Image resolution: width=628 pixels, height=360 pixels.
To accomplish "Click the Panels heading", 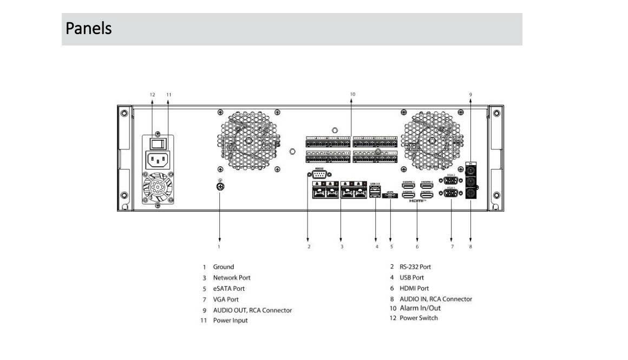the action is coord(89,28).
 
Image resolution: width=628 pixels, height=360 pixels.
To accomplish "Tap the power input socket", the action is coord(158,160).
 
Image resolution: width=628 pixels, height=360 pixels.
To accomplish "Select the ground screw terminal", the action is coord(220,187).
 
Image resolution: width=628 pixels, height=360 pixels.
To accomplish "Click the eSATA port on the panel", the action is coord(390,197).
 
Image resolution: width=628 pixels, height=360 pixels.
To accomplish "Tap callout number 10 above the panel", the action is coord(352,94).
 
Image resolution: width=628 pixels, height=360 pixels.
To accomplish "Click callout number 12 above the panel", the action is coord(152,94).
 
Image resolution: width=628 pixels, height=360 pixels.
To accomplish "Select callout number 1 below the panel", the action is coord(219,246).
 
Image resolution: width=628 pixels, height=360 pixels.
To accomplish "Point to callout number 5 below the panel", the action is coord(391,246).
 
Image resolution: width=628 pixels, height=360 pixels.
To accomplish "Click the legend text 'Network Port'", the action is coord(231,278).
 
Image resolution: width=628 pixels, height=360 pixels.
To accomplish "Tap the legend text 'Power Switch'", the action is coord(418,318).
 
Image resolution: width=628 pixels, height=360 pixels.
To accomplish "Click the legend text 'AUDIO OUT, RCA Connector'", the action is coord(252,310).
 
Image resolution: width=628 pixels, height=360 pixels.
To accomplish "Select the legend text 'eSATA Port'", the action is coord(228,289).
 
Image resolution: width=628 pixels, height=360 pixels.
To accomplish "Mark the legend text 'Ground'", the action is coord(223,267).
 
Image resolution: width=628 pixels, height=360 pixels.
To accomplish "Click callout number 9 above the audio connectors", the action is coord(470,94).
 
